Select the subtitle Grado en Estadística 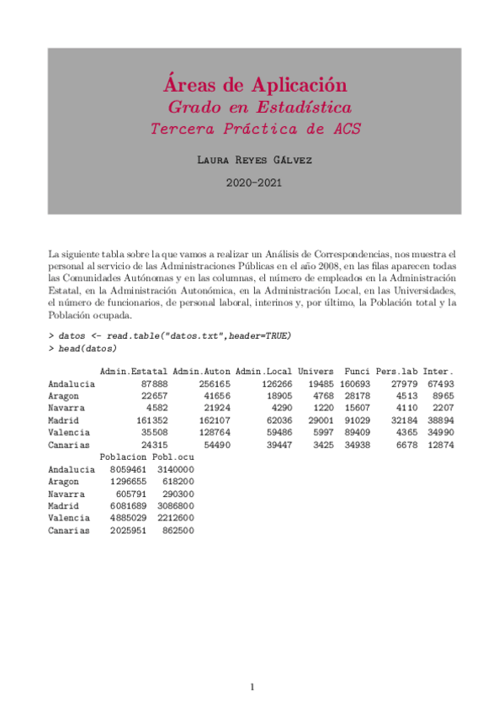click(x=259, y=108)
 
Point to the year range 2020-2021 click(x=253, y=182)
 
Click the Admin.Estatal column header click(x=134, y=372)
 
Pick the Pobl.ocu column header click(x=173, y=457)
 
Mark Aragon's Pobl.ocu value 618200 click(x=176, y=482)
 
